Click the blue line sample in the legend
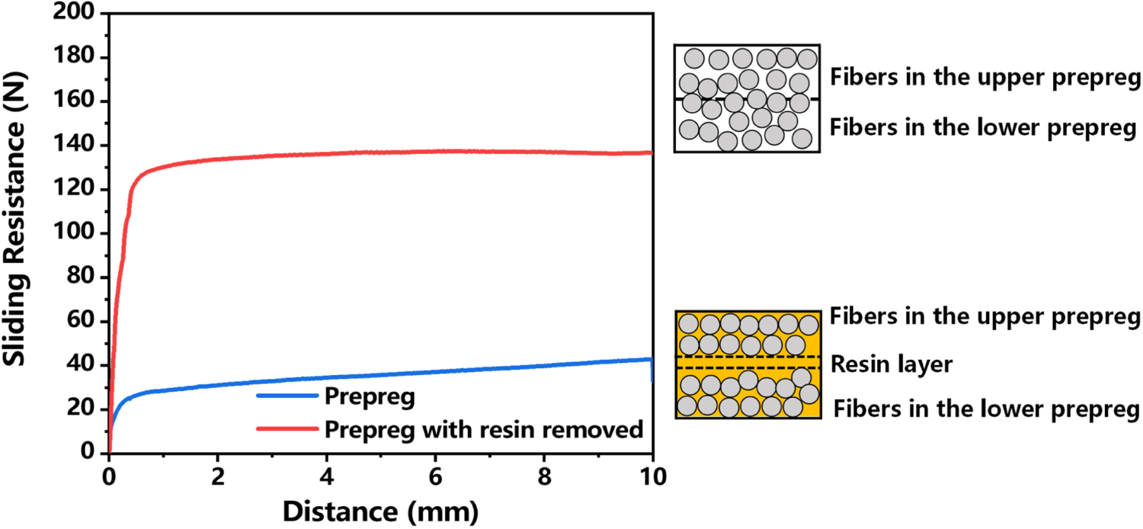[286, 396]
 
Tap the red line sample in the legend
[286, 429]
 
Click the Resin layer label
[892, 364]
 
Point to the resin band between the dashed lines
[747, 363]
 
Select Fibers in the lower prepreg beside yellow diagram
[986, 409]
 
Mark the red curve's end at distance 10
[652, 152]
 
